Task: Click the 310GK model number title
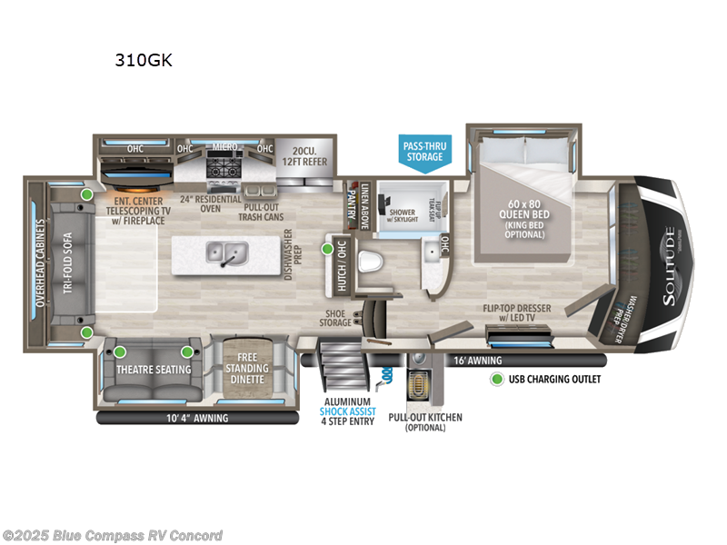point(143,61)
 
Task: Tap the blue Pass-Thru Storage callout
point(424,151)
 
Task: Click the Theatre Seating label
point(154,369)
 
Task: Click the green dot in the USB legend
point(496,379)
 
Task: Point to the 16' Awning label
point(479,361)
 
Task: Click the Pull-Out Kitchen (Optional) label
point(424,422)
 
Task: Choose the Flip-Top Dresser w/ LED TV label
point(519,313)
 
